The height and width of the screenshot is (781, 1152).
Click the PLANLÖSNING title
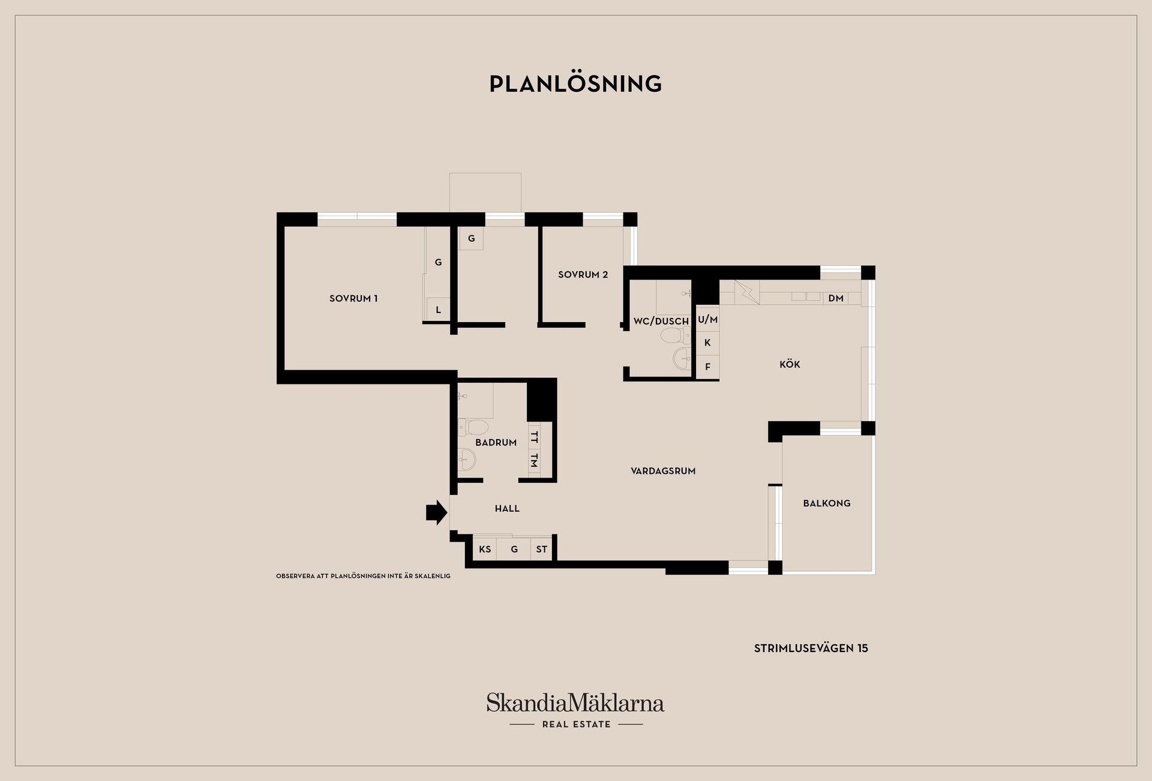point(575,84)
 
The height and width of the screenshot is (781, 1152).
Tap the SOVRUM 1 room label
point(353,298)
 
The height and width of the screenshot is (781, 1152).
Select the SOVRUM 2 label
point(583,275)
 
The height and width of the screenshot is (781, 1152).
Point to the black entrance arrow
point(437,512)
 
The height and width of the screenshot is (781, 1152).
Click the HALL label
point(507,509)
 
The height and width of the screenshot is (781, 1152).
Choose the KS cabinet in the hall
point(485,549)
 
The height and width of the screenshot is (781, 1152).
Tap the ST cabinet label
point(541,549)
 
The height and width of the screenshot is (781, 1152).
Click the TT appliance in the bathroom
point(534,437)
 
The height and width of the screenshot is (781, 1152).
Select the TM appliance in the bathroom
point(534,461)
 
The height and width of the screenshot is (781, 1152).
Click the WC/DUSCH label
point(661,322)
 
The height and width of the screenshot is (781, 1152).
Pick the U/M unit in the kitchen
point(708,320)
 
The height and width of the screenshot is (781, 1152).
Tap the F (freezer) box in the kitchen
point(708,367)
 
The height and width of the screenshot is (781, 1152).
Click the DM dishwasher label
point(836,298)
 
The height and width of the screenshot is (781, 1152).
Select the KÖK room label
point(790,364)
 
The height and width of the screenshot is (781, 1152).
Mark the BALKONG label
point(827,503)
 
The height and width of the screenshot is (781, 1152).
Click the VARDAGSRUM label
point(663,471)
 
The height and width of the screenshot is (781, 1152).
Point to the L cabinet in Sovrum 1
point(439,310)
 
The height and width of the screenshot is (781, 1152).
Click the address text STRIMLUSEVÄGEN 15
point(811,648)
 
